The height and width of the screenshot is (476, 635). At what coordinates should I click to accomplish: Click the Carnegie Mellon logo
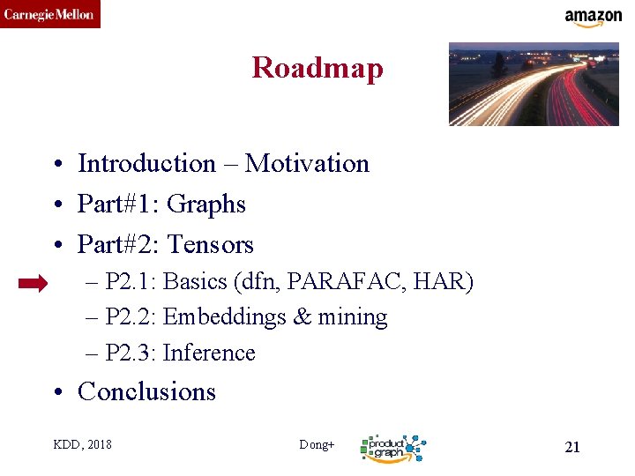[x=49, y=14]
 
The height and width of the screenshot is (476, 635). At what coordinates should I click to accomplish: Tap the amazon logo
[x=593, y=18]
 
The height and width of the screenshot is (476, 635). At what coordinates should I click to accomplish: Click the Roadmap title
[x=317, y=68]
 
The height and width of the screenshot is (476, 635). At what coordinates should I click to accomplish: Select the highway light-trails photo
[x=534, y=85]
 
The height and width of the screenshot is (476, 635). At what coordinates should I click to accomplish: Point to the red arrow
[x=34, y=283]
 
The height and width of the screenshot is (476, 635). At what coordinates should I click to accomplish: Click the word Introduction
[x=146, y=164]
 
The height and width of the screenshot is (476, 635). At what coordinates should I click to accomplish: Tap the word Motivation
[x=307, y=164]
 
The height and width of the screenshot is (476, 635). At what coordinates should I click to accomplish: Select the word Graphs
[x=205, y=205]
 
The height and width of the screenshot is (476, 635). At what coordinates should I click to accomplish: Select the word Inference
[x=209, y=353]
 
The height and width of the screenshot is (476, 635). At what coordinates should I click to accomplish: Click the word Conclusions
[x=146, y=391]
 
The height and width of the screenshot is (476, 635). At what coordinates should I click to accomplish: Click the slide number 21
[x=572, y=447]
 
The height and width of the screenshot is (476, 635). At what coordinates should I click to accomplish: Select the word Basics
[x=196, y=282]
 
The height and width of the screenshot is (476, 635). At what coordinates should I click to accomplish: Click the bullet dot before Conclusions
[x=56, y=392]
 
